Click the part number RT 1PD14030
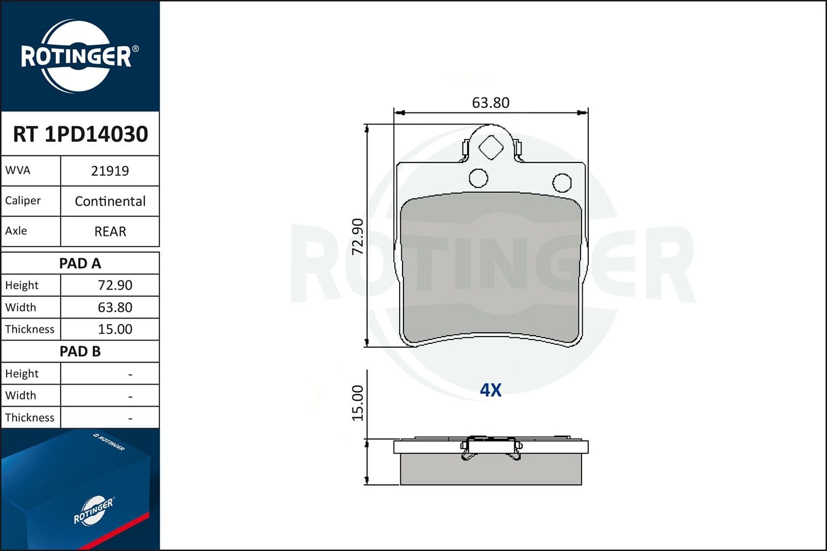(80, 134)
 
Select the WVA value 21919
(110, 171)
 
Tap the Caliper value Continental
(110, 201)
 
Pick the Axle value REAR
(110, 231)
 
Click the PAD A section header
(80, 263)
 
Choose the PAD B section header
(80, 352)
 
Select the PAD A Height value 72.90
(115, 285)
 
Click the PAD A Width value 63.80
(115, 307)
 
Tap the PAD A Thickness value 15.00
(115, 329)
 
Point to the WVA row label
(18, 170)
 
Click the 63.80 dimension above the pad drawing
(490, 103)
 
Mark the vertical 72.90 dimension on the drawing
(358, 236)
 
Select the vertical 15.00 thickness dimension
(358, 403)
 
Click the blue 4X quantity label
(490, 390)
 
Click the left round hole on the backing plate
(478, 178)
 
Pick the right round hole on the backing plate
(562, 182)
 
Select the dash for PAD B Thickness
(130, 418)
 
